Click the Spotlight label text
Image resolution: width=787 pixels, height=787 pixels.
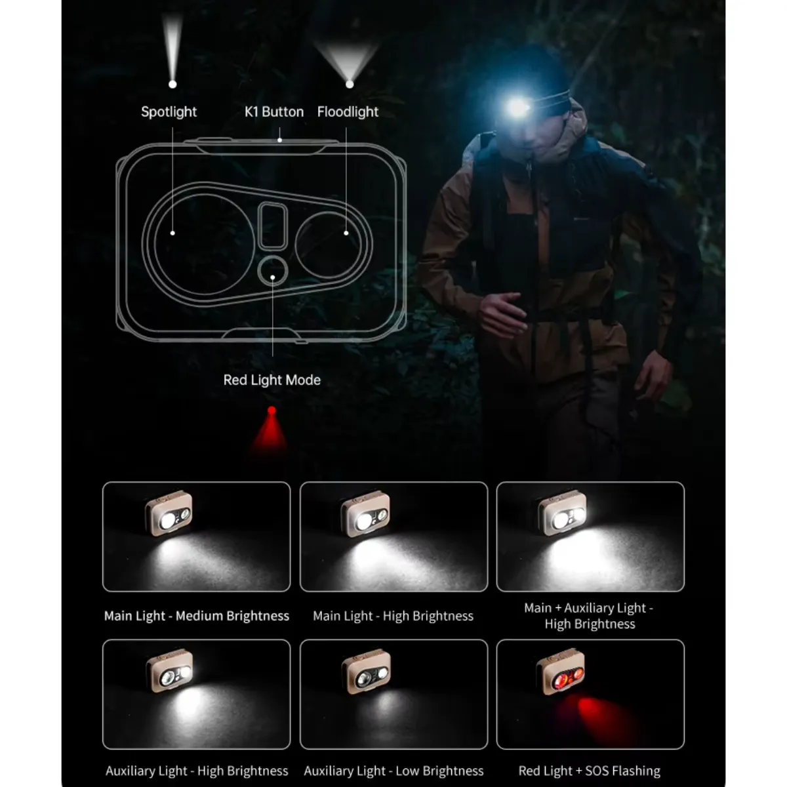(x=169, y=112)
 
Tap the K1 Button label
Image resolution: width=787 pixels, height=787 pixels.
(x=274, y=112)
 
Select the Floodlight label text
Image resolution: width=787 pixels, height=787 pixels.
(x=348, y=112)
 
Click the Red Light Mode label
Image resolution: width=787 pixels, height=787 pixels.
(x=272, y=380)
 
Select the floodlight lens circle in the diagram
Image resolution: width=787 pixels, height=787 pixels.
(x=296, y=245)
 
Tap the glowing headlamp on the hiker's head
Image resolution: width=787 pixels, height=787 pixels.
(x=518, y=108)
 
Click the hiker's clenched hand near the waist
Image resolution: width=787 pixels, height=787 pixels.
(x=502, y=315)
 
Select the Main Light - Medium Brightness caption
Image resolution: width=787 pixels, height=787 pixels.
(x=197, y=616)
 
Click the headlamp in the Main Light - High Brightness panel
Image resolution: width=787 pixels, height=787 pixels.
(x=365, y=514)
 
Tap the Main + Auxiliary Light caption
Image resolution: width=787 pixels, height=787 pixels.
(x=590, y=616)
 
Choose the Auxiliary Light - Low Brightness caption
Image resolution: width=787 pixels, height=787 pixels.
(x=393, y=771)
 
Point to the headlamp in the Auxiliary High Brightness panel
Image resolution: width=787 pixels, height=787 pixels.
(x=169, y=672)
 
